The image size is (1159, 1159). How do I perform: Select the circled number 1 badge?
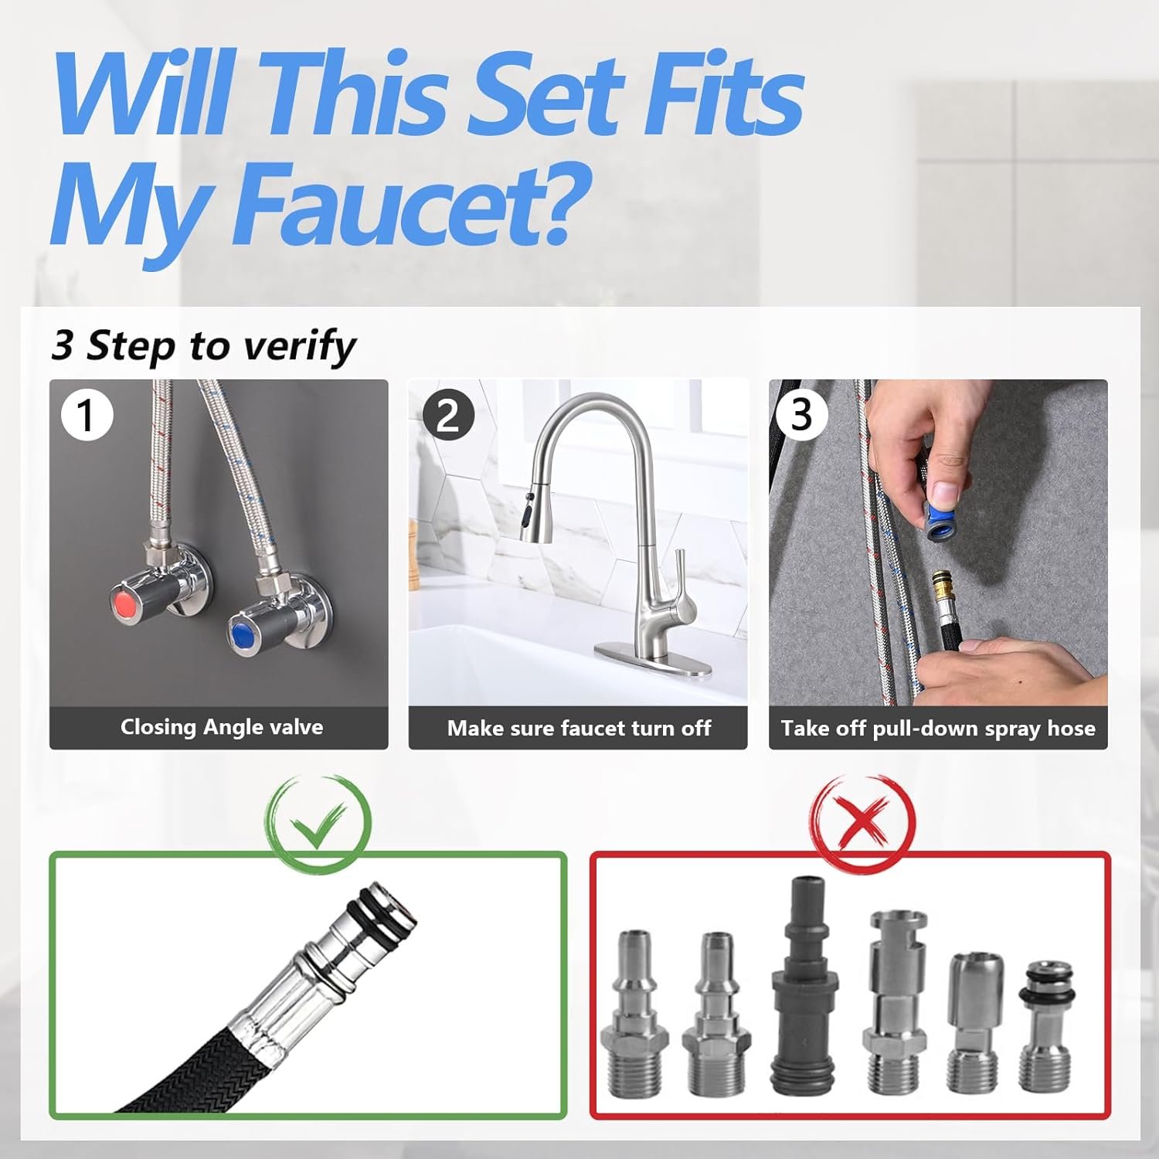(x=87, y=415)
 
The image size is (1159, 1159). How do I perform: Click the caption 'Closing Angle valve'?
(x=222, y=727)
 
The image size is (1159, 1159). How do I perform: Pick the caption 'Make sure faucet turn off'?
(x=579, y=728)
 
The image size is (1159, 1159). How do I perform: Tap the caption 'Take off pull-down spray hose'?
(x=938, y=729)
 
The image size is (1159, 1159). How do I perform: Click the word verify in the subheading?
(x=299, y=346)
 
